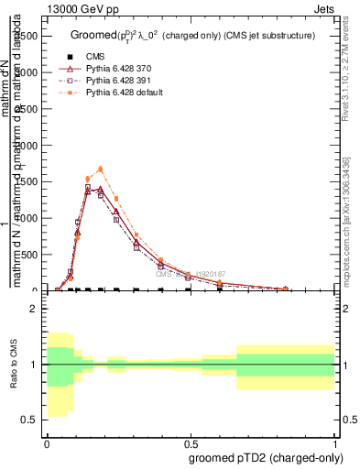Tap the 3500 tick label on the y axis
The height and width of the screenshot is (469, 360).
coord(27,35)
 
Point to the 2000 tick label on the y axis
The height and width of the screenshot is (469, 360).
coord(27,145)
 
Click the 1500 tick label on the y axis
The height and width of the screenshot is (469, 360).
coord(27,181)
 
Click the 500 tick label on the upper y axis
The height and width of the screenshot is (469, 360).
coord(29,255)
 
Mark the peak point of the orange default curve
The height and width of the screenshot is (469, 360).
coord(101,169)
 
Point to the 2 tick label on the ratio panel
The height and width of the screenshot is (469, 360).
coord(34,309)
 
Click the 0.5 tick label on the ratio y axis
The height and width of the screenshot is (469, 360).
coord(29,420)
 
